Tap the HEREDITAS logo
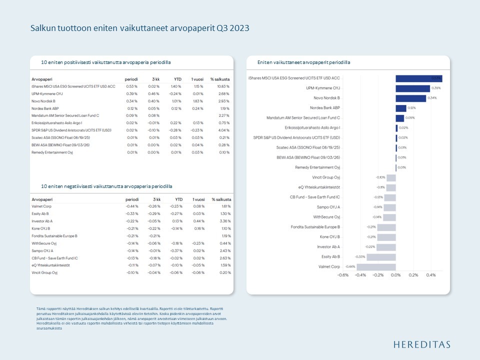coord(421,344)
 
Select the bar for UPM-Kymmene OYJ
coord(412,88)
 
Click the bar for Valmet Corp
coord(376,266)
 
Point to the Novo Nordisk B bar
coord(410,98)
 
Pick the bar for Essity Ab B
coord(381,256)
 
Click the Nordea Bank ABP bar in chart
coord(400,108)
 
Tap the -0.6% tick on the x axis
coord(342,275)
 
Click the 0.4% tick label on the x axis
coord(430,275)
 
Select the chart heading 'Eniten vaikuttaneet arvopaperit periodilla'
coord(303,62)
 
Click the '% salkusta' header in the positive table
coord(219,79)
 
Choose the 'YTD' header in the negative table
coord(178,199)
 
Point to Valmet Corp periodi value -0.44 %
coord(131,206)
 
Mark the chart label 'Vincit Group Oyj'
coord(326,177)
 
